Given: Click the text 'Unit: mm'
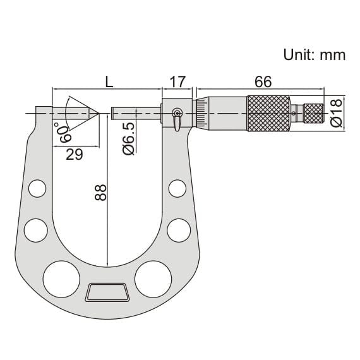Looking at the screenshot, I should pyautogui.click(x=314, y=55).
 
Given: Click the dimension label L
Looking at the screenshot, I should pyautogui.click(x=109, y=81).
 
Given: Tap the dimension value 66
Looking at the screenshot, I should pyautogui.click(x=263, y=81).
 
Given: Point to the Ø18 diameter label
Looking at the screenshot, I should pyautogui.click(x=337, y=113).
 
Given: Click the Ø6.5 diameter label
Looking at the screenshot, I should pyautogui.click(x=128, y=139).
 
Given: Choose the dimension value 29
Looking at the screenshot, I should pyautogui.click(x=75, y=155).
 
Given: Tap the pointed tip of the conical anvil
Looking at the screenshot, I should pyautogui.click(x=98, y=114).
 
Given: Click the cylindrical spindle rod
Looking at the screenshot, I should pyautogui.click(x=136, y=114).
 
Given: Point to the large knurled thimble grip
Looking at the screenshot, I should pyautogui.click(x=268, y=114).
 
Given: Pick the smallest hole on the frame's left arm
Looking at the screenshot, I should pyautogui.click(x=37, y=188).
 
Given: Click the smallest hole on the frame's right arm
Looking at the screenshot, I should pyautogui.click(x=178, y=188).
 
